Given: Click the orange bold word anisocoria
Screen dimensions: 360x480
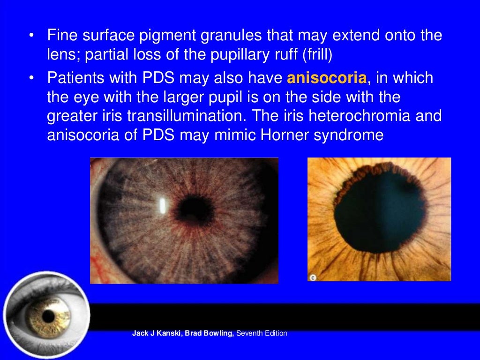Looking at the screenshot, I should click(x=327, y=78).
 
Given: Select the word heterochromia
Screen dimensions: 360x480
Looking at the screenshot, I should click(x=352, y=116).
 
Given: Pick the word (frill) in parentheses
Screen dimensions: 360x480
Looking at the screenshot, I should click(x=317, y=55).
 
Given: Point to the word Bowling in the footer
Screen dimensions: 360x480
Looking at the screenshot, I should click(x=218, y=334).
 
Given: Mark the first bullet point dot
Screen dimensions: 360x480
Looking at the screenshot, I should click(x=30, y=36).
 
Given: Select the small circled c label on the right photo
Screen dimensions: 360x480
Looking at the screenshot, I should click(x=313, y=277).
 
